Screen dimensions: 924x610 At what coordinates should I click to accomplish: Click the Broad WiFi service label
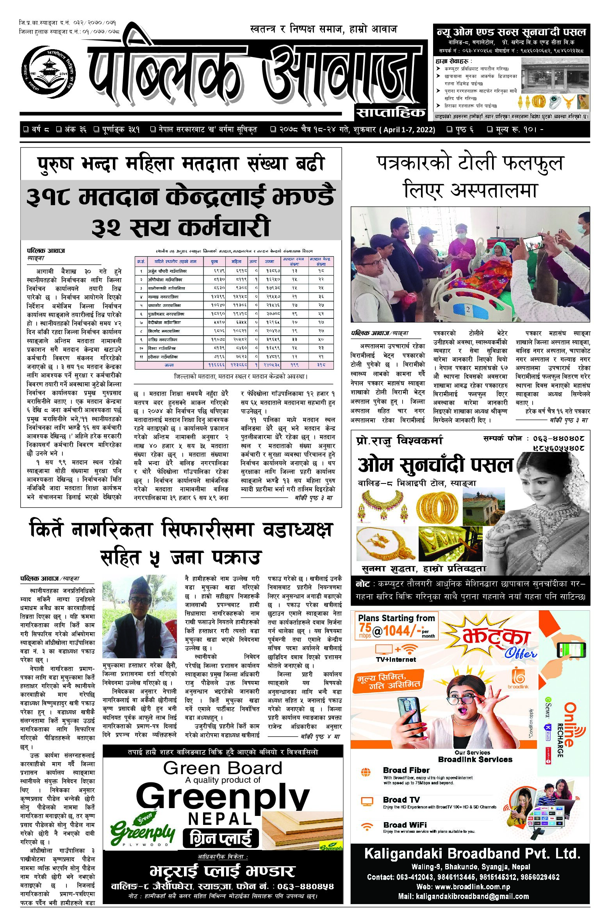405,825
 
